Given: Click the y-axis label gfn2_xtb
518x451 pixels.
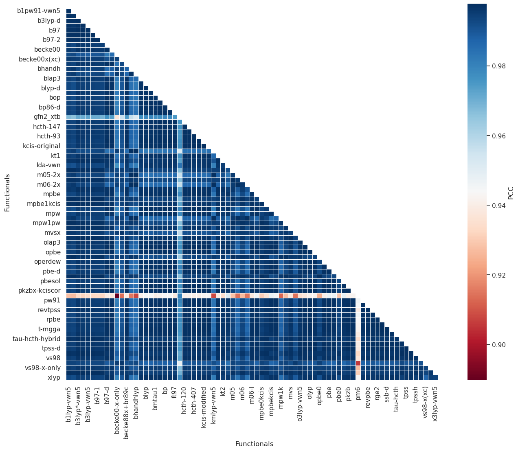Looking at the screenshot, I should [47, 117].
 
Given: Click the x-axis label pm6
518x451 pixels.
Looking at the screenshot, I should [358, 392].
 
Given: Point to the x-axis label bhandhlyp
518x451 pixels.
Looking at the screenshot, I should [136, 403].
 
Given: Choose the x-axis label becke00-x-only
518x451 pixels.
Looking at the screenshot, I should [117, 408].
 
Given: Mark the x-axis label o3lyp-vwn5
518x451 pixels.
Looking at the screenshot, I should [300, 404].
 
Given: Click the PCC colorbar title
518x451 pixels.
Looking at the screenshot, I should [511, 192].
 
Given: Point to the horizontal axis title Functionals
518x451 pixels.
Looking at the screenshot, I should [254, 444].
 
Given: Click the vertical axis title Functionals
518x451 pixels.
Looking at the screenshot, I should [7, 193].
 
